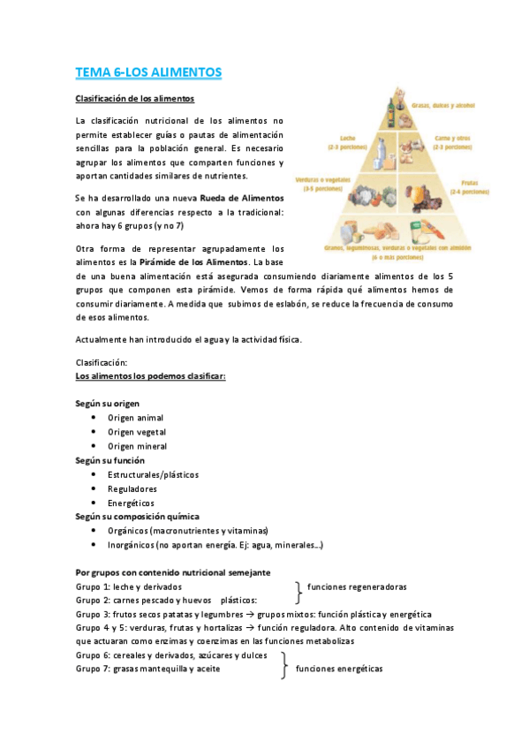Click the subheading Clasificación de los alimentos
coord(135,98)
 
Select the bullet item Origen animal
coord(135,418)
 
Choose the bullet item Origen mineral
coord(137,446)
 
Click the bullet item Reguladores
coord(132,488)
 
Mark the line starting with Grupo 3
coord(253,614)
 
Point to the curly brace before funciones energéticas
coord(284,662)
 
